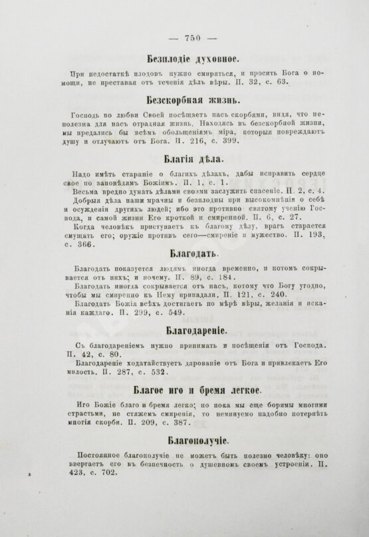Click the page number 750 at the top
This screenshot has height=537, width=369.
pos(184,37)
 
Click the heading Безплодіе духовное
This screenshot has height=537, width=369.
pos(184,58)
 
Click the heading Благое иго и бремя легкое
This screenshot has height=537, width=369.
pos(184,387)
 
